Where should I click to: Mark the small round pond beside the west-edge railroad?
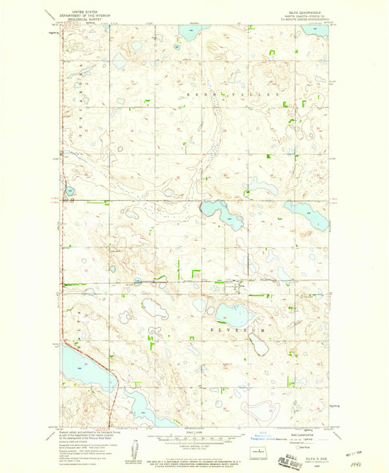[x=69, y=191]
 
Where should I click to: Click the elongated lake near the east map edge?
[x=307, y=212]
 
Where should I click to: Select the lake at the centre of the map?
[x=222, y=213]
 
